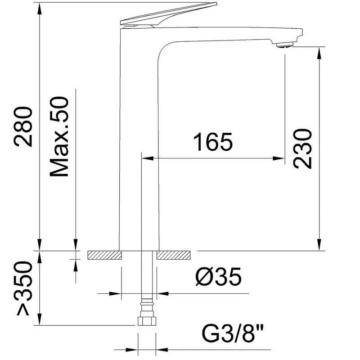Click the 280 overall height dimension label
coord(23,126)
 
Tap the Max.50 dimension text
coord(59,137)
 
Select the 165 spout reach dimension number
coord(213,142)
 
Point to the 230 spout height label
coord(302,148)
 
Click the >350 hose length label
coord(23,288)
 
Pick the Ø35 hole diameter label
coord(218,276)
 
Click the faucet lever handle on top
coord(169,14)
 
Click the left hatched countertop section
coord(104,255)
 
